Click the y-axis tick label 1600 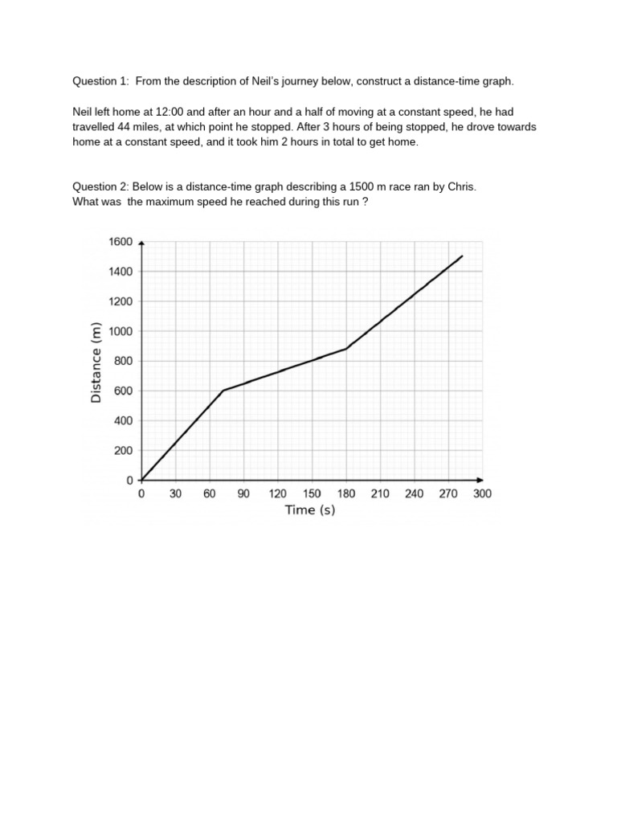coord(121,241)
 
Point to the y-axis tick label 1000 coord(121,331)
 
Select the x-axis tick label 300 coord(482,494)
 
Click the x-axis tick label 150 coord(312,494)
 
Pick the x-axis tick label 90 coord(243,494)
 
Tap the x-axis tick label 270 coord(448,494)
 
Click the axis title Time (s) coord(310,510)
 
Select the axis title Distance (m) coord(96,361)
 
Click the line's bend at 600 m coord(223,391)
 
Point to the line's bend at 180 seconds coord(346,349)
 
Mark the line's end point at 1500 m coord(462,256)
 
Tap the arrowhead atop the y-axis coord(141,240)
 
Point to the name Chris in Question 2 coord(461,186)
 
